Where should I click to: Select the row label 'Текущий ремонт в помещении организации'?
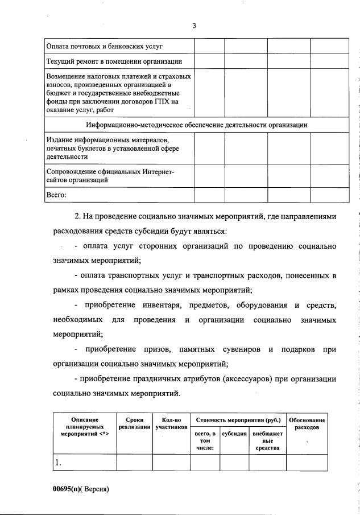114,61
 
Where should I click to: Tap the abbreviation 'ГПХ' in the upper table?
157,101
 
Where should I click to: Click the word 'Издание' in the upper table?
59,139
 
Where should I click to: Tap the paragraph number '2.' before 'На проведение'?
78,217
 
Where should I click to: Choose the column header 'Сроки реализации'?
134,423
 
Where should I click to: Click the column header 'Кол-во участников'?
171,423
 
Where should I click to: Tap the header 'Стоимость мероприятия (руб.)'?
238,420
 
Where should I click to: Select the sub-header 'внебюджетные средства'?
267,440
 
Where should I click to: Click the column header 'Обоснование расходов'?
307,423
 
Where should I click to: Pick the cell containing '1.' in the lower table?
58,463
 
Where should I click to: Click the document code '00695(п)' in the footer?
68,489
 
